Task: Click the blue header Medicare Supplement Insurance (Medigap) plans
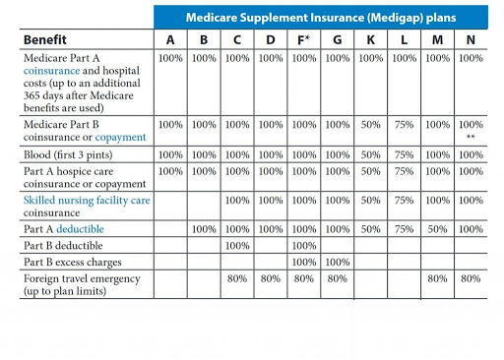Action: (321, 18)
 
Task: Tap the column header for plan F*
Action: (306, 39)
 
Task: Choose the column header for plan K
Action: (372, 39)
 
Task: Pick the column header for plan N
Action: (471, 39)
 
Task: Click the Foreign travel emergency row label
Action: (80, 278)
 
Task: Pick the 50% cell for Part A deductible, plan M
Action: (438, 228)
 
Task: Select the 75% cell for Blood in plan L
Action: (405, 154)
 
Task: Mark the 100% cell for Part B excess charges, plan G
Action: (339, 262)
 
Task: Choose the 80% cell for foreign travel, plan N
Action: (471, 278)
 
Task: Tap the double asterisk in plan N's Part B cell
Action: (472, 139)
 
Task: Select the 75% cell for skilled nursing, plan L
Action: (405, 200)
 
